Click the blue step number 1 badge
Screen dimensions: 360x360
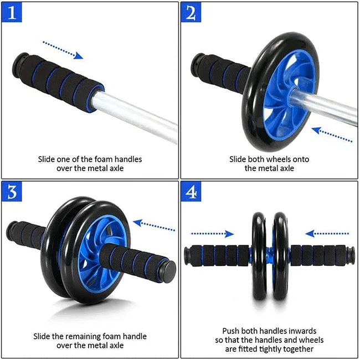click(12, 13)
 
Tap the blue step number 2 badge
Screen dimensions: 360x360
click(192, 13)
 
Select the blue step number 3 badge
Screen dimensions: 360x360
click(12, 192)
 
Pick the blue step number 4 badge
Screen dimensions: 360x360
click(192, 192)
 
